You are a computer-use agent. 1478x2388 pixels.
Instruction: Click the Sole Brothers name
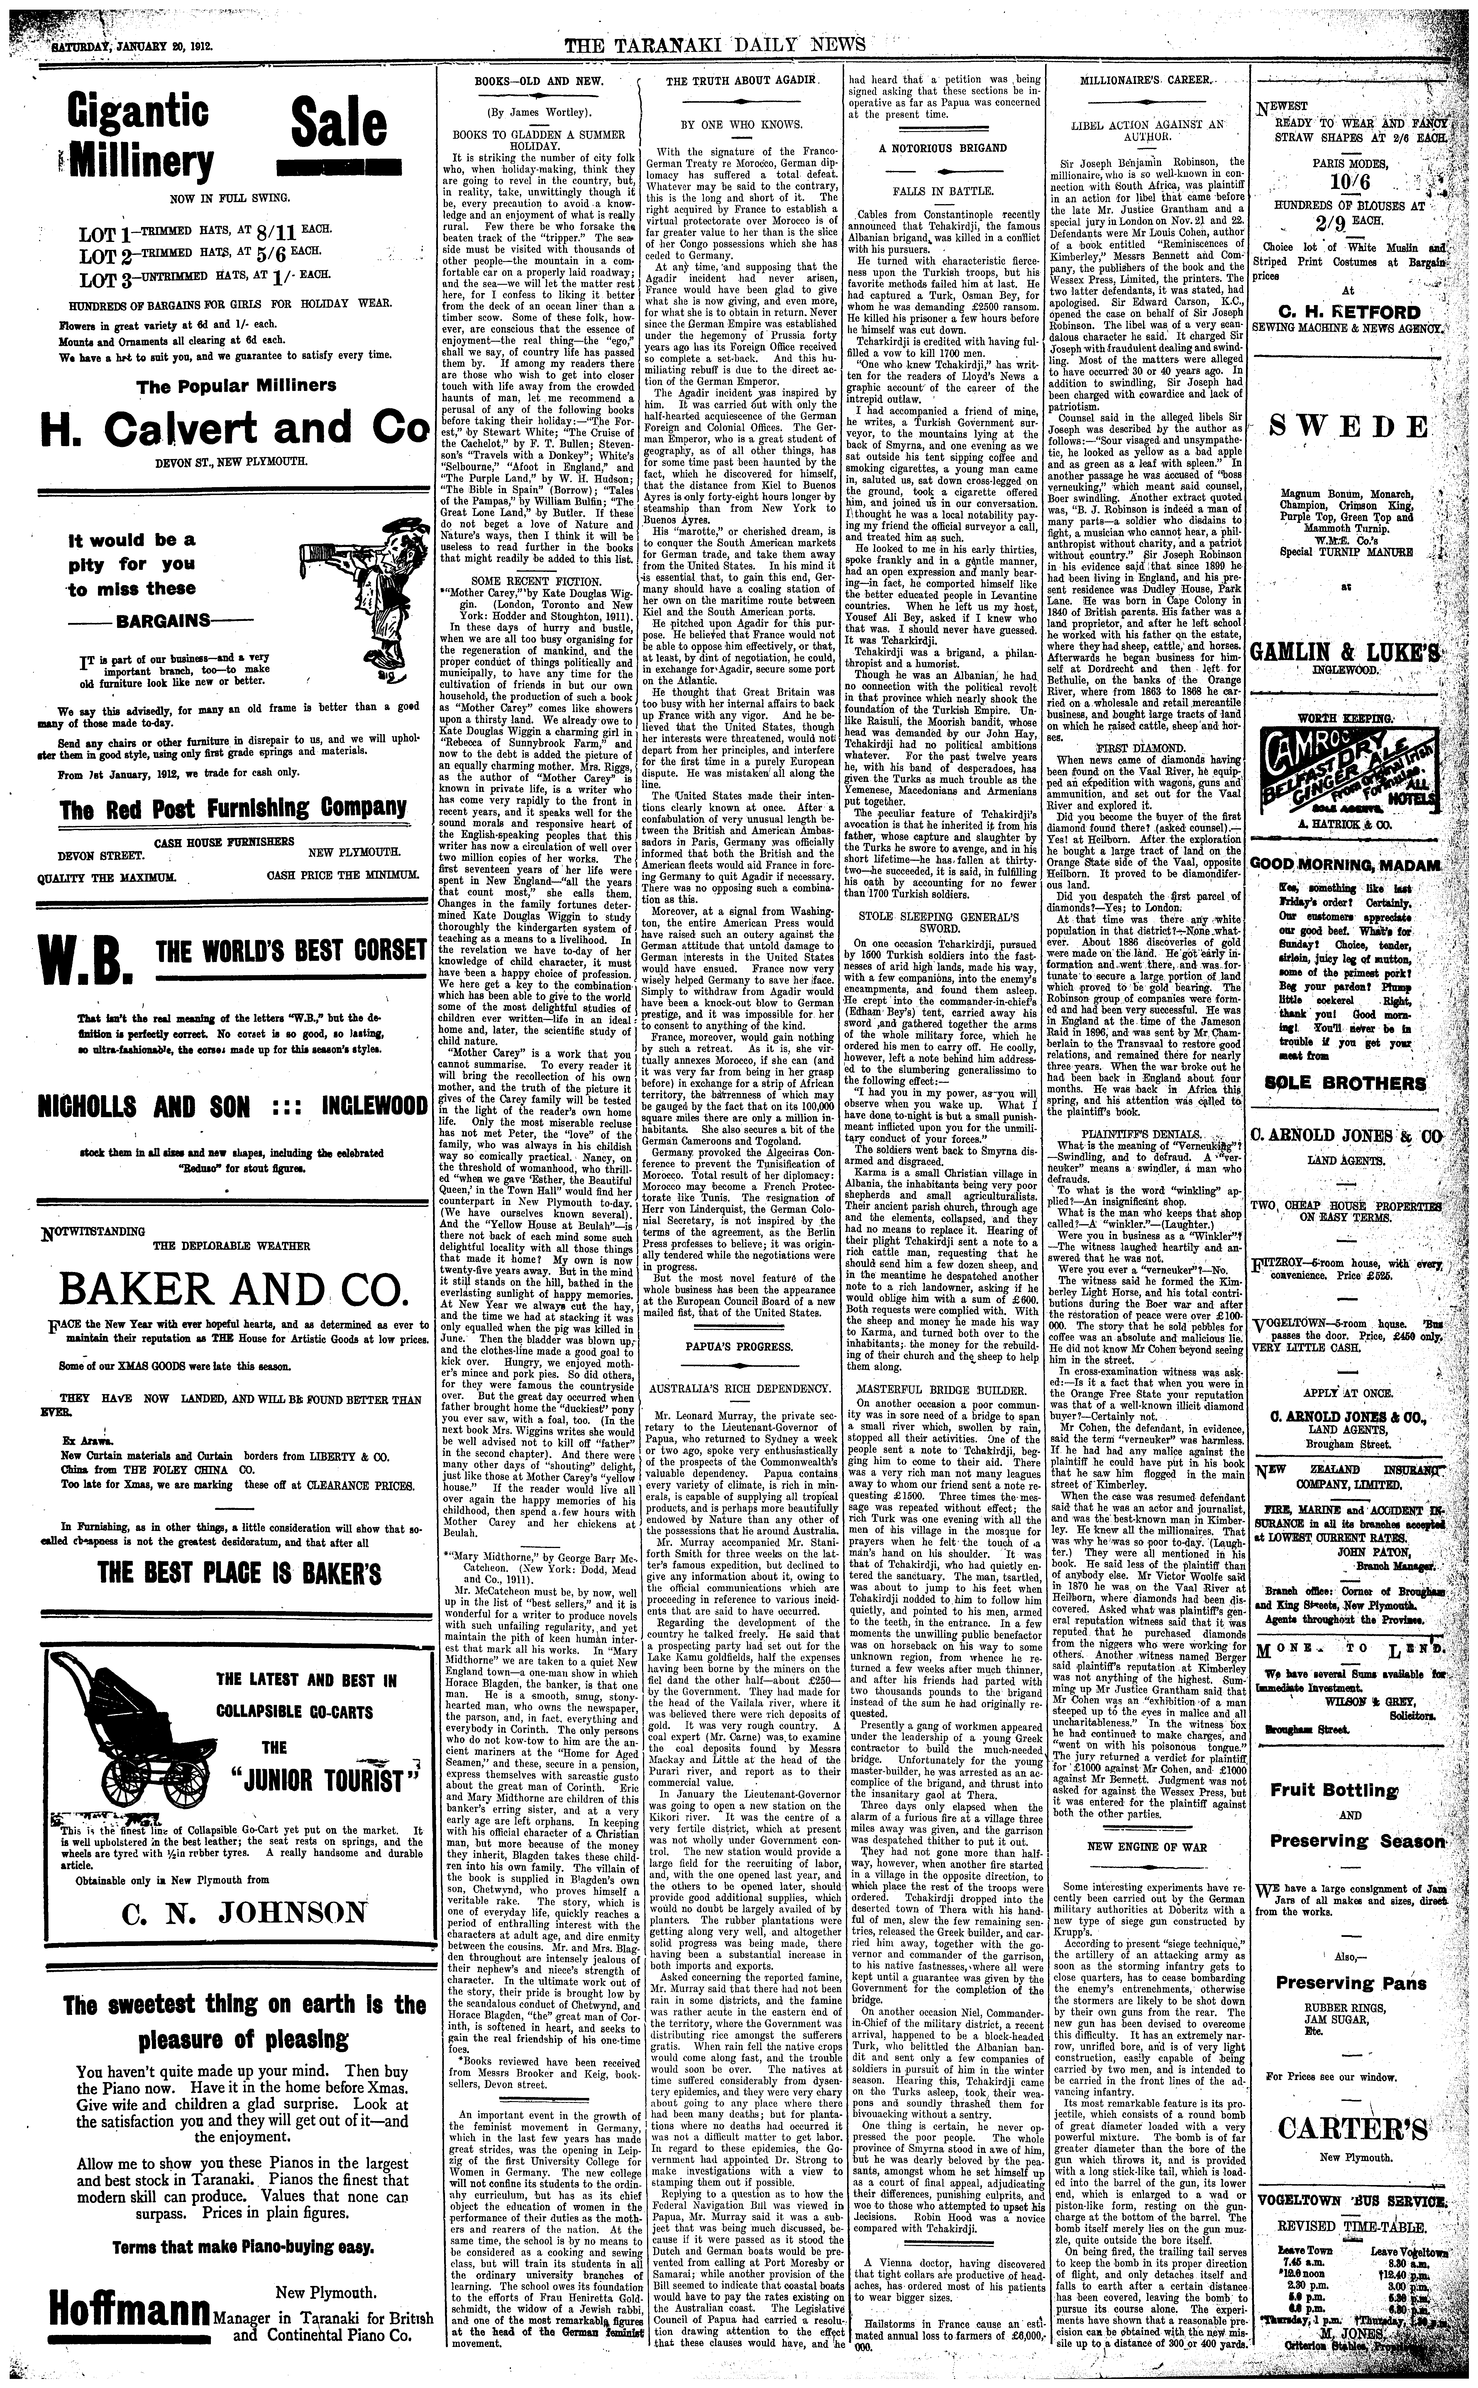1345,1083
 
